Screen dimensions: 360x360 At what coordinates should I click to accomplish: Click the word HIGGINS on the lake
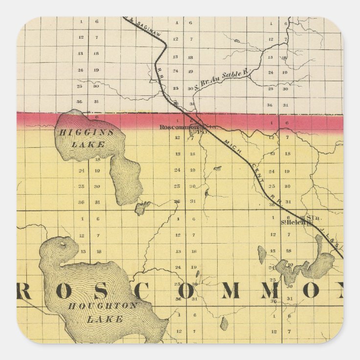tap(86, 133)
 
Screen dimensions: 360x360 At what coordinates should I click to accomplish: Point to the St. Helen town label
tap(295, 222)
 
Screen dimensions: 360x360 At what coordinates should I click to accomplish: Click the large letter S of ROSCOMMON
tap(113, 291)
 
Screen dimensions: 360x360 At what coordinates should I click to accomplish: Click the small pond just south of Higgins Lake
tap(142, 208)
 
